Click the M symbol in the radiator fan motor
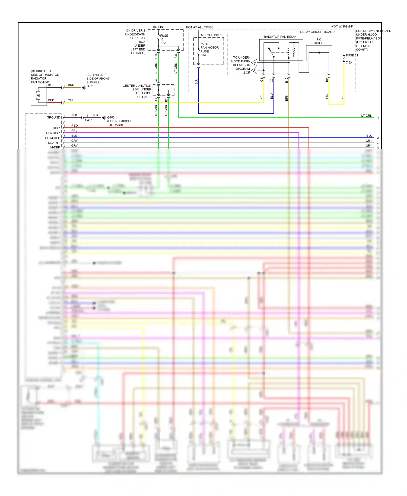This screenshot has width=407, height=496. [x=38, y=96]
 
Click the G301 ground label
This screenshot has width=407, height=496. [x=90, y=86]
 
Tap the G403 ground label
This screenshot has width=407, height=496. [x=111, y=117]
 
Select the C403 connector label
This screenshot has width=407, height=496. [x=88, y=120]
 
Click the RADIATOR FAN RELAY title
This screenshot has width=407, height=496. [x=280, y=37]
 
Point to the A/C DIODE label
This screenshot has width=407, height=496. [x=319, y=41]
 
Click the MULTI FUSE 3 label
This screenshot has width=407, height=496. [x=211, y=35]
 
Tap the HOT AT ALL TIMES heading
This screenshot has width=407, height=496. [x=199, y=27]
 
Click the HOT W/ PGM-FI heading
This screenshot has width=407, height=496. [x=342, y=27]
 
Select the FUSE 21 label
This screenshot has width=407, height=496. [x=352, y=55]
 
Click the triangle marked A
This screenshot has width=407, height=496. [x=255, y=63]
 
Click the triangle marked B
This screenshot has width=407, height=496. [x=255, y=70]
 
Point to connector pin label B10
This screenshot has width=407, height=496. [x=286, y=80]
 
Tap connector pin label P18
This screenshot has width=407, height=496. [x=156, y=56]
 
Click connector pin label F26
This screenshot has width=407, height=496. [x=176, y=56]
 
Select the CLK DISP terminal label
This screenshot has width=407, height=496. [x=53, y=133]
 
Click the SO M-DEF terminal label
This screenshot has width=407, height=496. [x=52, y=138]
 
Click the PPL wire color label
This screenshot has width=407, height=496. [x=74, y=131]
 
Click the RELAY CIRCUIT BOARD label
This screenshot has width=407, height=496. [x=317, y=32]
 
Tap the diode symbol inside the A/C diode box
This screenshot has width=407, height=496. [x=319, y=53]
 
